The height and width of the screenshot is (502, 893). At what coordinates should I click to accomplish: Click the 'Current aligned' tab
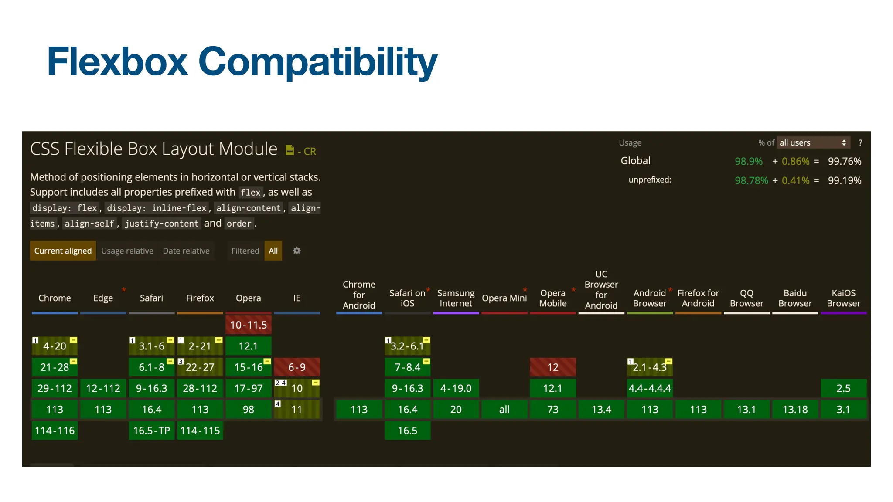[63, 251]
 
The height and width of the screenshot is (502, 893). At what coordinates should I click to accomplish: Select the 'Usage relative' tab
[127, 251]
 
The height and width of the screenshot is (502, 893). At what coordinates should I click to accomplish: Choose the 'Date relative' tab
[186, 251]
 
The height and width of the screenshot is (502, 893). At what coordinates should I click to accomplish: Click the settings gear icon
[297, 251]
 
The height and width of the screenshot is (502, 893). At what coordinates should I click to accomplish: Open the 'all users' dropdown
[813, 142]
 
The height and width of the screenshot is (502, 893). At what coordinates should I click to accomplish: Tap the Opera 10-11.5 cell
[249, 325]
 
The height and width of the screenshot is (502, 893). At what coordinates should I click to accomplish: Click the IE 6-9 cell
[297, 367]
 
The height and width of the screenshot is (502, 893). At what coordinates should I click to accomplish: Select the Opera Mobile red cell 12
[553, 367]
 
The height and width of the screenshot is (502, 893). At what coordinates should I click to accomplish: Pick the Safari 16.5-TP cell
[152, 431]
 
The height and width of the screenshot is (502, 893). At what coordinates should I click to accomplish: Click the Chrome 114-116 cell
[55, 431]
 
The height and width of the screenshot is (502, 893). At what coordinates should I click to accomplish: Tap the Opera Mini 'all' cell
[504, 409]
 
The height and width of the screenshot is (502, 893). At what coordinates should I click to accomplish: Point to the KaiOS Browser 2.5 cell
[843, 388]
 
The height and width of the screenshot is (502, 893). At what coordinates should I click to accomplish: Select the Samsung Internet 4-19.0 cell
[456, 388]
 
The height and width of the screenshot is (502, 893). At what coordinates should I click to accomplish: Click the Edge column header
[103, 298]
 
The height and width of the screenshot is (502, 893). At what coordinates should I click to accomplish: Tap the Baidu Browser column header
[795, 298]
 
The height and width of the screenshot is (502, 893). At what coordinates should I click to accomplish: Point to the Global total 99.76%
[845, 161]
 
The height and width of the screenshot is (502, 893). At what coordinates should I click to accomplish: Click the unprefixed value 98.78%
[751, 180]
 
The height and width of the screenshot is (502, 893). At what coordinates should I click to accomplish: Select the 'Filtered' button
[245, 251]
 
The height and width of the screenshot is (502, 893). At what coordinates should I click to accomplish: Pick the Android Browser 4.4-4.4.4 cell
[650, 388]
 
